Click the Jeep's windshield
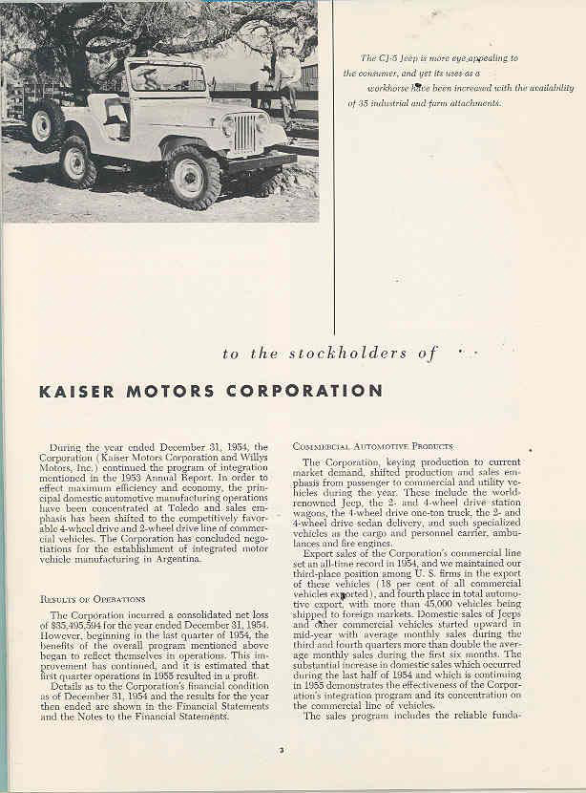pyautogui.click(x=167, y=77)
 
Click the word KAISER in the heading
pyautogui.click(x=75, y=391)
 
